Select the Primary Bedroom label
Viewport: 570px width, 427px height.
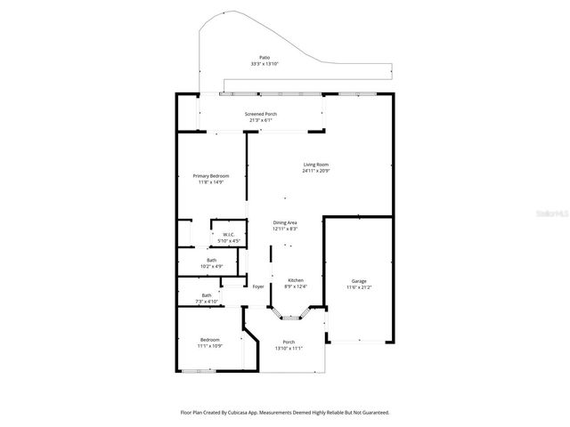(x=211, y=176)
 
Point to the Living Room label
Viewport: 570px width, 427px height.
(x=316, y=165)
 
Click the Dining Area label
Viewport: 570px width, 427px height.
(x=285, y=222)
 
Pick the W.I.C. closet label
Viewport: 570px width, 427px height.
(x=229, y=235)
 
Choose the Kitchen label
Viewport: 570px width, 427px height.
(x=295, y=280)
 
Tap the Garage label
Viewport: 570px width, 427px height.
(x=359, y=280)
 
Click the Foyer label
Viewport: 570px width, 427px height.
(x=258, y=286)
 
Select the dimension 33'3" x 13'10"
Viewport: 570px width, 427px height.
(x=265, y=64)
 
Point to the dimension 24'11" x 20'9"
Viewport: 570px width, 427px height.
(x=316, y=171)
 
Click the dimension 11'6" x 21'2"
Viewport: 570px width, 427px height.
(x=359, y=286)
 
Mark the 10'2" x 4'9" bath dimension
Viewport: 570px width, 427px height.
(x=211, y=266)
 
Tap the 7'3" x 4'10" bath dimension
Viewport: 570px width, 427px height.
(x=207, y=302)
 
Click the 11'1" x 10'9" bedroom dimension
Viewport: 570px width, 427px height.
(x=210, y=346)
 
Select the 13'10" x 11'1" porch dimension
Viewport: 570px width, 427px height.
(x=288, y=349)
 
